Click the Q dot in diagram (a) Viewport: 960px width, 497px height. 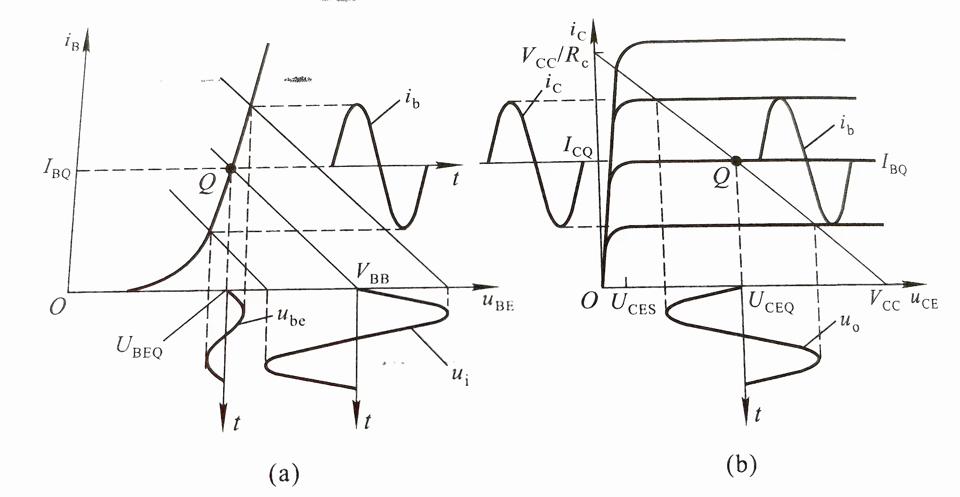click(x=231, y=168)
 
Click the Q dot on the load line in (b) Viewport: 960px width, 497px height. click(x=736, y=161)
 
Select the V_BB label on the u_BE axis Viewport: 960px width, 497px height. click(x=373, y=274)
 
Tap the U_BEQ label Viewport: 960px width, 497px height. click(x=139, y=348)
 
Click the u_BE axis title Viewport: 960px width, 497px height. click(x=498, y=301)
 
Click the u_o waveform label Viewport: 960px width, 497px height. click(x=850, y=323)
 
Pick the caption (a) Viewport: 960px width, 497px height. click(x=284, y=473)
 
